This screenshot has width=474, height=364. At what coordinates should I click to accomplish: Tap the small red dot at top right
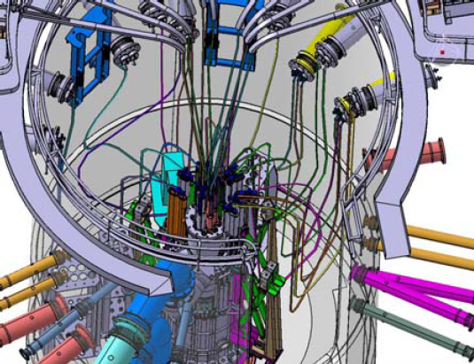(442, 51)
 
